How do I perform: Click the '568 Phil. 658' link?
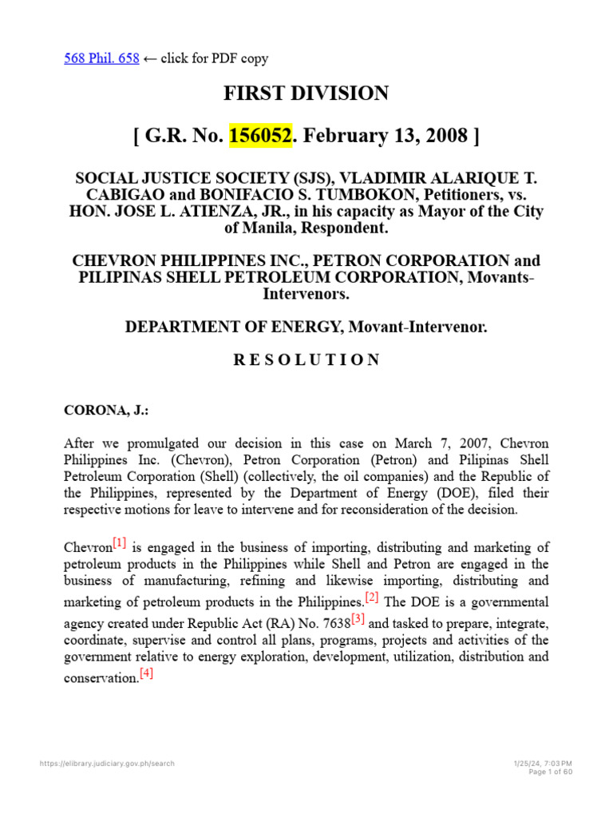click(x=101, y=58)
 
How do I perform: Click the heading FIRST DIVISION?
click(x=306, y=93)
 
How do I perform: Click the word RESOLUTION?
click(x=306, y=359)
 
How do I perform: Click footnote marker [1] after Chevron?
click(x=119, y=544)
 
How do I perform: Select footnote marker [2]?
click(x=371, y=597)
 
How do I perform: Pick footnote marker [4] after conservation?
click(x=146, y=673)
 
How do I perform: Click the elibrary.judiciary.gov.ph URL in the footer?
click(x=107, y=764)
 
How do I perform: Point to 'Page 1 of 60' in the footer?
click(x=551, y=772)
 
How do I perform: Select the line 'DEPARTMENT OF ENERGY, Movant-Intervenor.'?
click(x=306, y=328)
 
